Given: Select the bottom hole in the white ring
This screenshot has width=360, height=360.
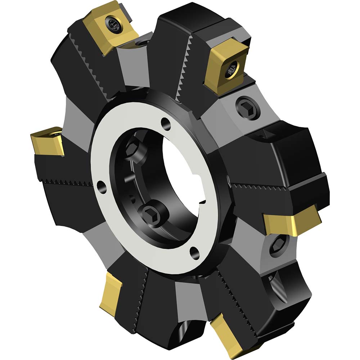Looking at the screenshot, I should point(194,251).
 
